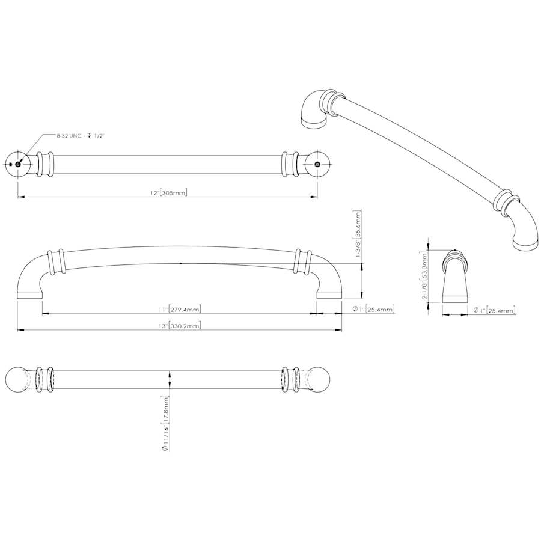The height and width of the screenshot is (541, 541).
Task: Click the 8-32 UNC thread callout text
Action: (x=80, y=136)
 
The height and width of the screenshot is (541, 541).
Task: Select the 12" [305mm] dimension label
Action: (x=169, y=192)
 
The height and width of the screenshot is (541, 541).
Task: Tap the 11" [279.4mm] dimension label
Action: (x=179, y=309)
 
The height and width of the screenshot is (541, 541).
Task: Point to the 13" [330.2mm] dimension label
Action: (x=179, y=325)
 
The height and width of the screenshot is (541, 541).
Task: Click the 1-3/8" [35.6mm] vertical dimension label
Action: (x=358, y=234)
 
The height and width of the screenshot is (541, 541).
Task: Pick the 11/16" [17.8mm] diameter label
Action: (x=165, y=423)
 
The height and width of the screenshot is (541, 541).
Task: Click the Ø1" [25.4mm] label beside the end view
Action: (x=495, y=310)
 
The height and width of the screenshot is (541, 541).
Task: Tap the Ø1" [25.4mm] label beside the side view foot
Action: (x=373, y=309)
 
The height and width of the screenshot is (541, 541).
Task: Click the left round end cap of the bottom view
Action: (x=18, y=380)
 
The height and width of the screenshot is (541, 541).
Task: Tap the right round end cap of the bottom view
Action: (x=317, y=380)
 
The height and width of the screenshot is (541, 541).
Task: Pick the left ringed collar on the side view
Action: (x=57, y=262)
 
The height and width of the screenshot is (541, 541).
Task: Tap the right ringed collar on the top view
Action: (x=289, y=164)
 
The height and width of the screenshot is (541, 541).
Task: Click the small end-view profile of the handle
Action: (x=455, y=277)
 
